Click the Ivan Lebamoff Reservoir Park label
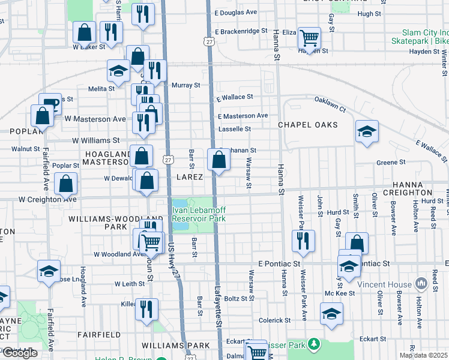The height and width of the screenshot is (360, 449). click(x=199, y=215)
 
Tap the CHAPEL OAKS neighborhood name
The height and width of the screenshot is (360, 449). click(x=307, y=125)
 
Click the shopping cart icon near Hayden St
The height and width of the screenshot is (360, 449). click(x=309, y=38)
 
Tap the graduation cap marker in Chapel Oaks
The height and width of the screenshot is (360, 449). click(x=367, y=131)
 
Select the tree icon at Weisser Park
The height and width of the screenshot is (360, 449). click(x=313, y=344)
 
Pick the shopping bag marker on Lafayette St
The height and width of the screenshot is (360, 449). click(x=219, y=160)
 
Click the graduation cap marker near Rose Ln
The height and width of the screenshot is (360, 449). click(x=49, y=271)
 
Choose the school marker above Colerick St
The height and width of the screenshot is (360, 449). click(x=331, y=314)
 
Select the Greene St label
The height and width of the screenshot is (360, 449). click(x=391, y=162)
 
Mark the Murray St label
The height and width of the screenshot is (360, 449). click(x=185, y=85)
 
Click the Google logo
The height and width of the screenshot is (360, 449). click(x=20, y=353)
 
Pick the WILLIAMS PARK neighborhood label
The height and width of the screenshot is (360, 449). click(x=176, y=345)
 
